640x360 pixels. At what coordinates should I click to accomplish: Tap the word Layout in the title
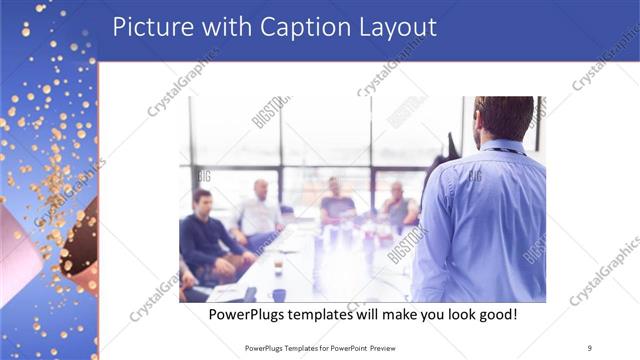pyautogui.click(x=399, y=27)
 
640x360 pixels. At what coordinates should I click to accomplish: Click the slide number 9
pyautogui.click(x=589, y=348)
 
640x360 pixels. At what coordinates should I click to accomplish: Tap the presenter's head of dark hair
pyautogui.click(x=503, y=115)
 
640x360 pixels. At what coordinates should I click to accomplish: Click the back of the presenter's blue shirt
pyautogui.click(x=490, y=220)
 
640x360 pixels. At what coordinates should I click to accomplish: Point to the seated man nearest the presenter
pyautogui.click(x=397, y=205)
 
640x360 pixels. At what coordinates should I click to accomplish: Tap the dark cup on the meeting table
pyautogui.click(x=279, y=294)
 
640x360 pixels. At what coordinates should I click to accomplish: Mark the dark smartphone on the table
pyautogui.click(x=248, y=293)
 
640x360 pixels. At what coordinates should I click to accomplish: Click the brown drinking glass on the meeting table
pyautogui.click(x=278, y=265)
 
